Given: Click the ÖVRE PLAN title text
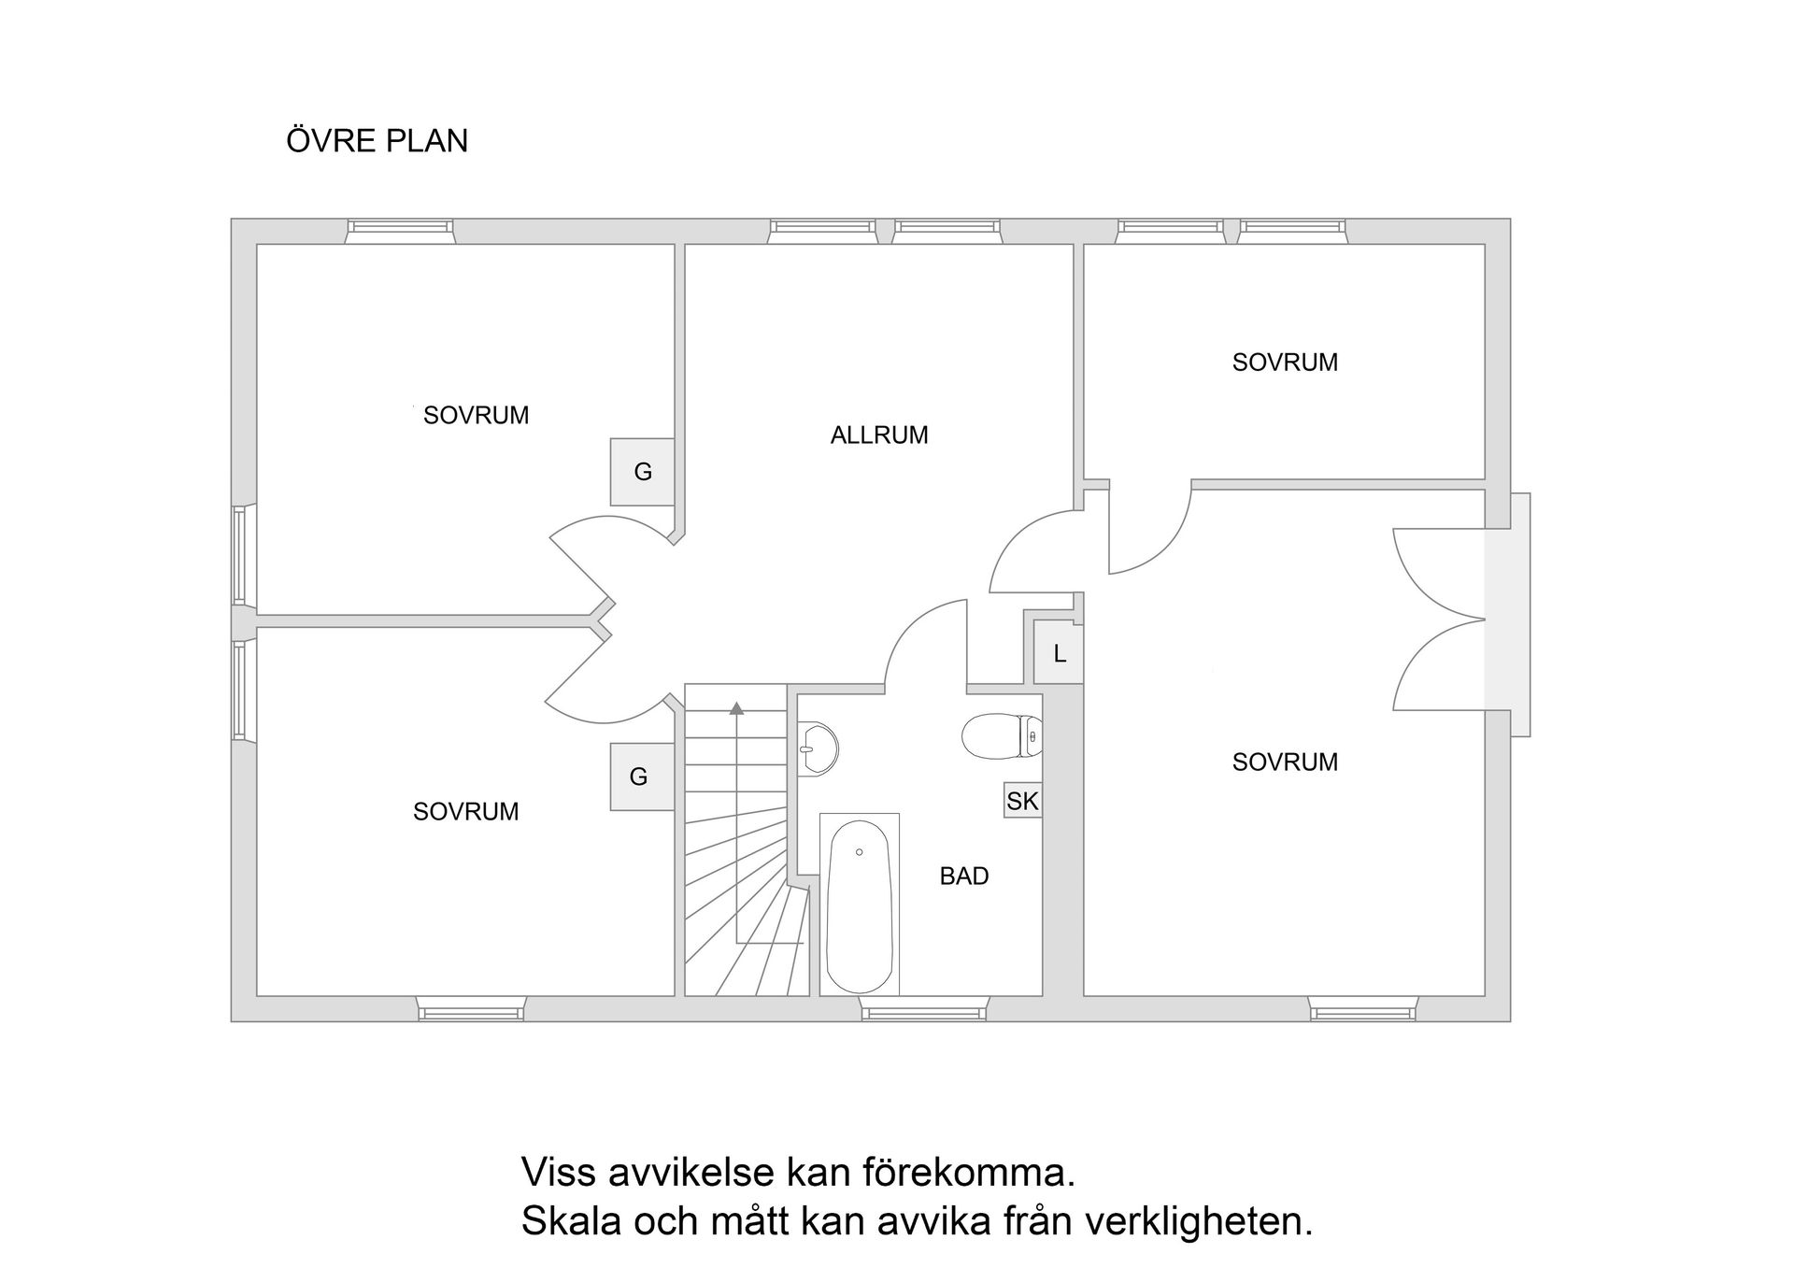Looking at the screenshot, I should [377, 141].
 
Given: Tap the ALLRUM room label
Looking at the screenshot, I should [878, 435].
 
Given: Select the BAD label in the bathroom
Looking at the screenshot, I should [963, 876].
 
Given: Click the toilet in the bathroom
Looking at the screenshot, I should [1001, 736].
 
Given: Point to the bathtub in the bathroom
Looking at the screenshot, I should [860, 906].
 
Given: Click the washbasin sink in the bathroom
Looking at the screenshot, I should [818, 748].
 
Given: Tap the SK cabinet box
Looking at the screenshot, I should [1022, 801].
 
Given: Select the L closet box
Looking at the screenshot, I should [1059, 654].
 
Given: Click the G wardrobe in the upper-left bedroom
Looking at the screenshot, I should [643, 472].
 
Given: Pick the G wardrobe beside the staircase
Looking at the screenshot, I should [640, 776].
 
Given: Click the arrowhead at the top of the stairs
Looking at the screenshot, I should [736, 708].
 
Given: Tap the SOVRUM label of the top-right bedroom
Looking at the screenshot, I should [1284, 363].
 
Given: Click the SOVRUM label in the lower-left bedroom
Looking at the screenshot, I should [465, 812].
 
